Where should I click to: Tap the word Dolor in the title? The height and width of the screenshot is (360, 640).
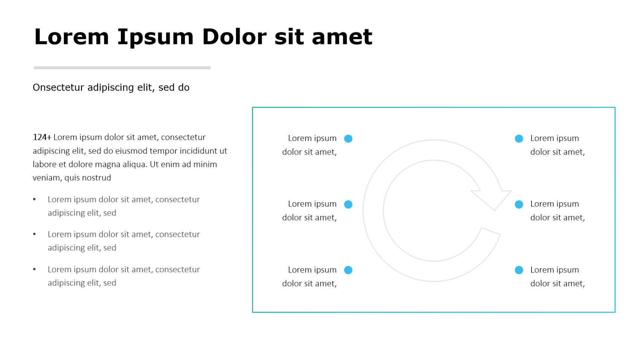tap(234, 37)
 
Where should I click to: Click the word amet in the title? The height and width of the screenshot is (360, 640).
tap(342, 37)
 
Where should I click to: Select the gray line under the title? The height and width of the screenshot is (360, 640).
tap(122, 68)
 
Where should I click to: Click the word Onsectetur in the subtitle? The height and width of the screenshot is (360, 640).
tap(58, 87)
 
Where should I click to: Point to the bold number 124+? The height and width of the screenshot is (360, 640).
tap(42, 137)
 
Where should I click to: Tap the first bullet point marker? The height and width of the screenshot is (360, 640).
tap(35, 199)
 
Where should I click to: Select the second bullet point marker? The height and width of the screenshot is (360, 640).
tap(35, 234)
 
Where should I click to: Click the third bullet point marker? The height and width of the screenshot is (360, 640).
tap(35, 269)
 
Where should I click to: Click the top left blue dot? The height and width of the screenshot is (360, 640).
tap(348, 139)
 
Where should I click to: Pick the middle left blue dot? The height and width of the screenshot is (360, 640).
tap(348, 204)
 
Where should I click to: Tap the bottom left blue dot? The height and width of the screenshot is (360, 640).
tap(348, 270)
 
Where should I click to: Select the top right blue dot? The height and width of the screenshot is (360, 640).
tap(519, 139)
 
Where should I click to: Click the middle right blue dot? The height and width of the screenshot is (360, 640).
tap(519, 204)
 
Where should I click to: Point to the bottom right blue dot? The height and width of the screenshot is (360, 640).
tap(519, 270)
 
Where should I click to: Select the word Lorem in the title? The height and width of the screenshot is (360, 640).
tap(72, 37)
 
